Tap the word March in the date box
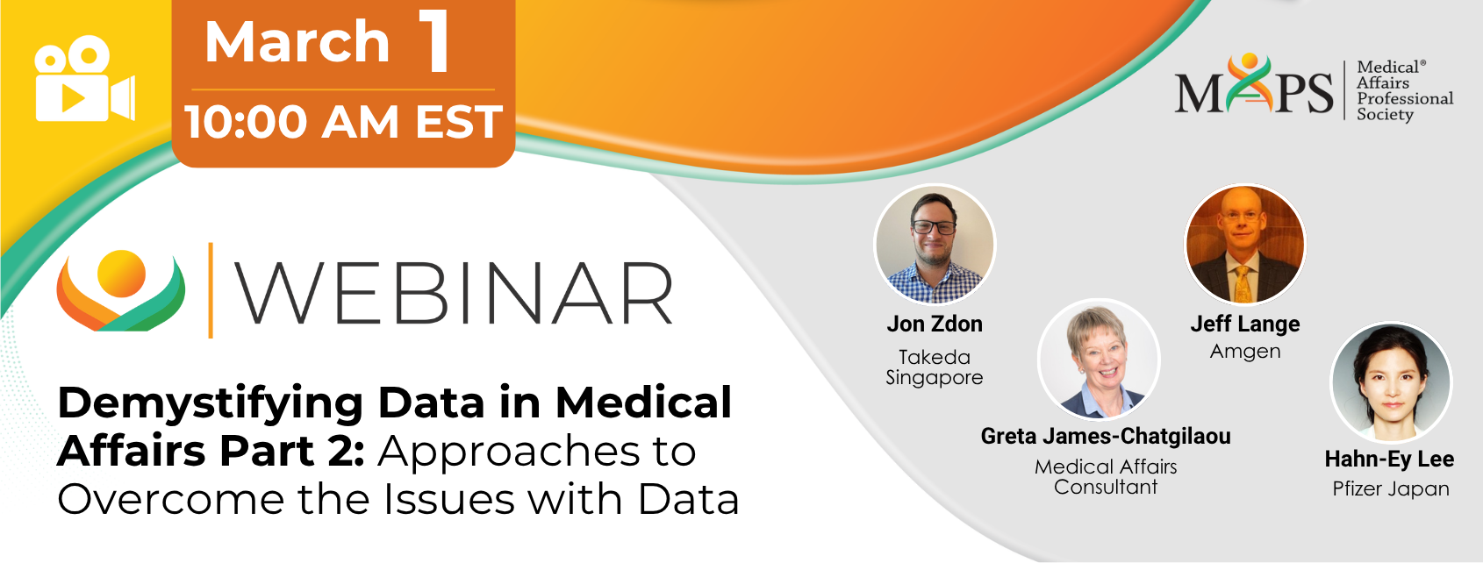coord(297,42)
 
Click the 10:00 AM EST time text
coord(344,122)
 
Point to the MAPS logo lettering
coord(1254,85)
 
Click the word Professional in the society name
coord(1405,98)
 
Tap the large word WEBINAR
coord(455,293)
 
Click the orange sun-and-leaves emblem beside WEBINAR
coord(120,290)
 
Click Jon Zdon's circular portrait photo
coord(935,244)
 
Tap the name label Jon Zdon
coord(935,324)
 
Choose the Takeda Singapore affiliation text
coord(935,367)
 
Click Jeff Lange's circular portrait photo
coord(1244,244)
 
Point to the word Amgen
coord(1244,352)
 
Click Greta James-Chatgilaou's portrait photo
coord(1099,360)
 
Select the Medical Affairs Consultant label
coord(1106,477)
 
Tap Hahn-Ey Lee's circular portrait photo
coord(1391,382)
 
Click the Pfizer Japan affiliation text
coord(1390,489)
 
